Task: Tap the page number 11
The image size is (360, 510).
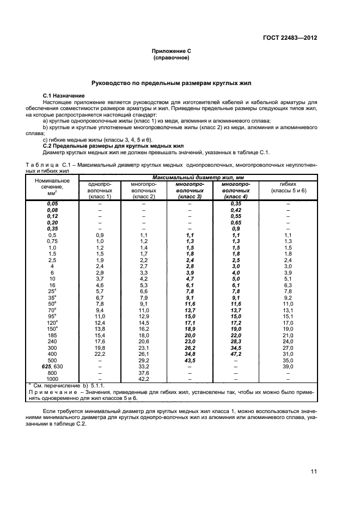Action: (314, 471)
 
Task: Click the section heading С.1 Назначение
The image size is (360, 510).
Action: (63, 96)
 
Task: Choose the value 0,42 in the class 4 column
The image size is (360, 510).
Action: (236, 210)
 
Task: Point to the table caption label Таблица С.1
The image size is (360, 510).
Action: (50, 165)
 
